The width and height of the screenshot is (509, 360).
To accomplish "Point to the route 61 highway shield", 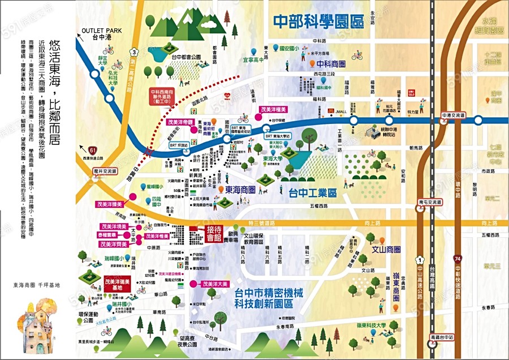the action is (x=92, y=150).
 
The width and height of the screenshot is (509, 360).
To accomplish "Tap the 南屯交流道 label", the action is (x=431, y=202).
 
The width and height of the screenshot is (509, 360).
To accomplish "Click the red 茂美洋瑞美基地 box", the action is (x=118, y=282).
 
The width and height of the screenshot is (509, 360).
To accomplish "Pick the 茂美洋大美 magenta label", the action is (x=212, y=284).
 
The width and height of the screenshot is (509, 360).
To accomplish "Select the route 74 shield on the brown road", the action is (x=458, y=258).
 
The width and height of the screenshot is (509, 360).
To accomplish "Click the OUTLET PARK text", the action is (x=102, y=31).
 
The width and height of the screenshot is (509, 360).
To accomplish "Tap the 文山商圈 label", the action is (x=386, y=249).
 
